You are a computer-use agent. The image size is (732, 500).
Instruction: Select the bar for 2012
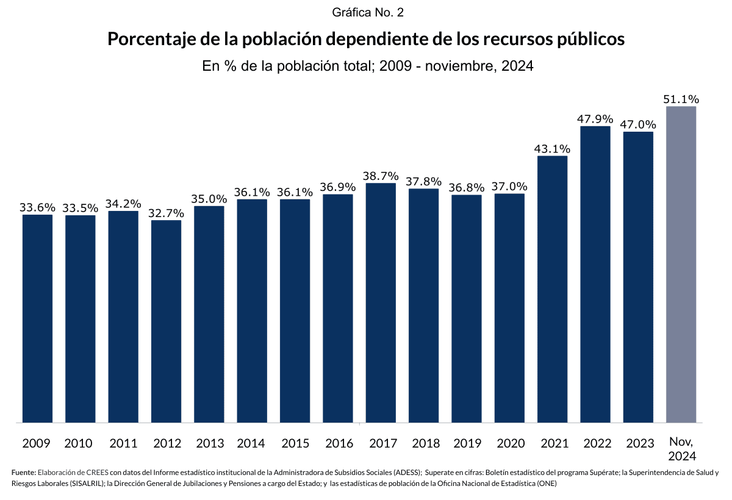166,321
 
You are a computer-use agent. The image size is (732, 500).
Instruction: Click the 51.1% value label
681,99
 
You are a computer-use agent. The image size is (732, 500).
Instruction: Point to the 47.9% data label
595,118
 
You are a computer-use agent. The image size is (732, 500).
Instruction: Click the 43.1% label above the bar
552,148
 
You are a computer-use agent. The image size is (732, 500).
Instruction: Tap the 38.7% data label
381,175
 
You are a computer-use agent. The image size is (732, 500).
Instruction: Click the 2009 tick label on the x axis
37,443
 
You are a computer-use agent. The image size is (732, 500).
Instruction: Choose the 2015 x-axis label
295,443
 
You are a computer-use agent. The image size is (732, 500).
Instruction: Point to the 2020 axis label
509,443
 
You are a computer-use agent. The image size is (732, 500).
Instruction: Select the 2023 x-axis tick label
638,443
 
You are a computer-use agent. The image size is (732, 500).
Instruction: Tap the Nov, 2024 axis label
681,448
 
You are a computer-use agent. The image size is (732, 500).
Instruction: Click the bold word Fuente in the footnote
23,473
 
